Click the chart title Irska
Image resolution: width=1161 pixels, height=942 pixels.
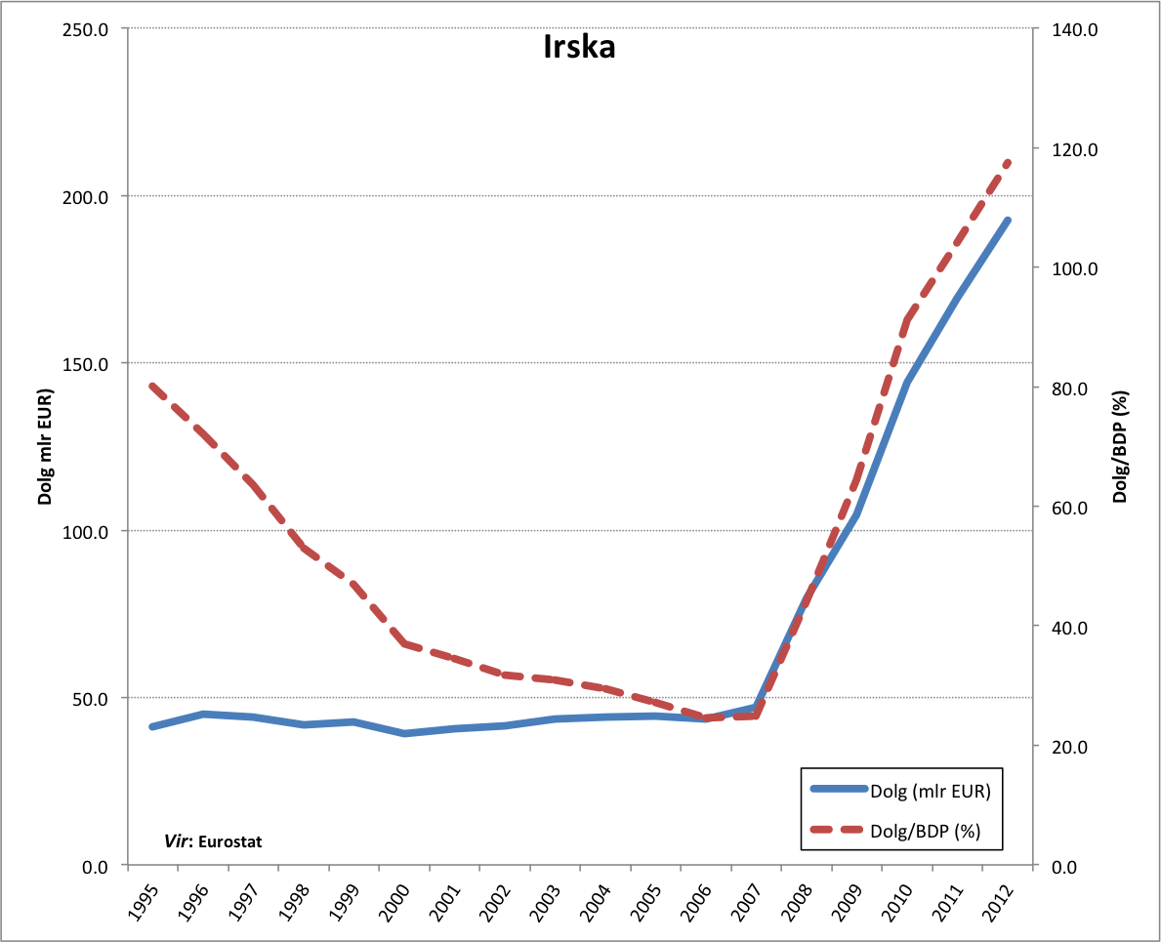click(579, 48)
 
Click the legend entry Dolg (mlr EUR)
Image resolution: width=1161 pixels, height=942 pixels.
click(935, 791)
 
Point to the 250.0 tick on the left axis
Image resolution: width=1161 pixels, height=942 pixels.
click(86, 29)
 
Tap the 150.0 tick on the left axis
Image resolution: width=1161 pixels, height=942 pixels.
click(86, 364)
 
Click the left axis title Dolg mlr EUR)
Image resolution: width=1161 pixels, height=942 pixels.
click(45, 446)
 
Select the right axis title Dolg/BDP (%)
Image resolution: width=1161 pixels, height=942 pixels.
click(1120, 446)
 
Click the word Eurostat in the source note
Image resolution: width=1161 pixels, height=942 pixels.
click(230, 840)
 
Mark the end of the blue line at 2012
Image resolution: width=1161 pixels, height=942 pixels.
click(1008, 221)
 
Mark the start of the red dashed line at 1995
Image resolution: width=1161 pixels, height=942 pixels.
click(152, 386)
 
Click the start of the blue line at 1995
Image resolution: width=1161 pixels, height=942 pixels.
click(152, 726)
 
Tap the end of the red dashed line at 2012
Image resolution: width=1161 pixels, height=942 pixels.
click(1008, 162)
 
